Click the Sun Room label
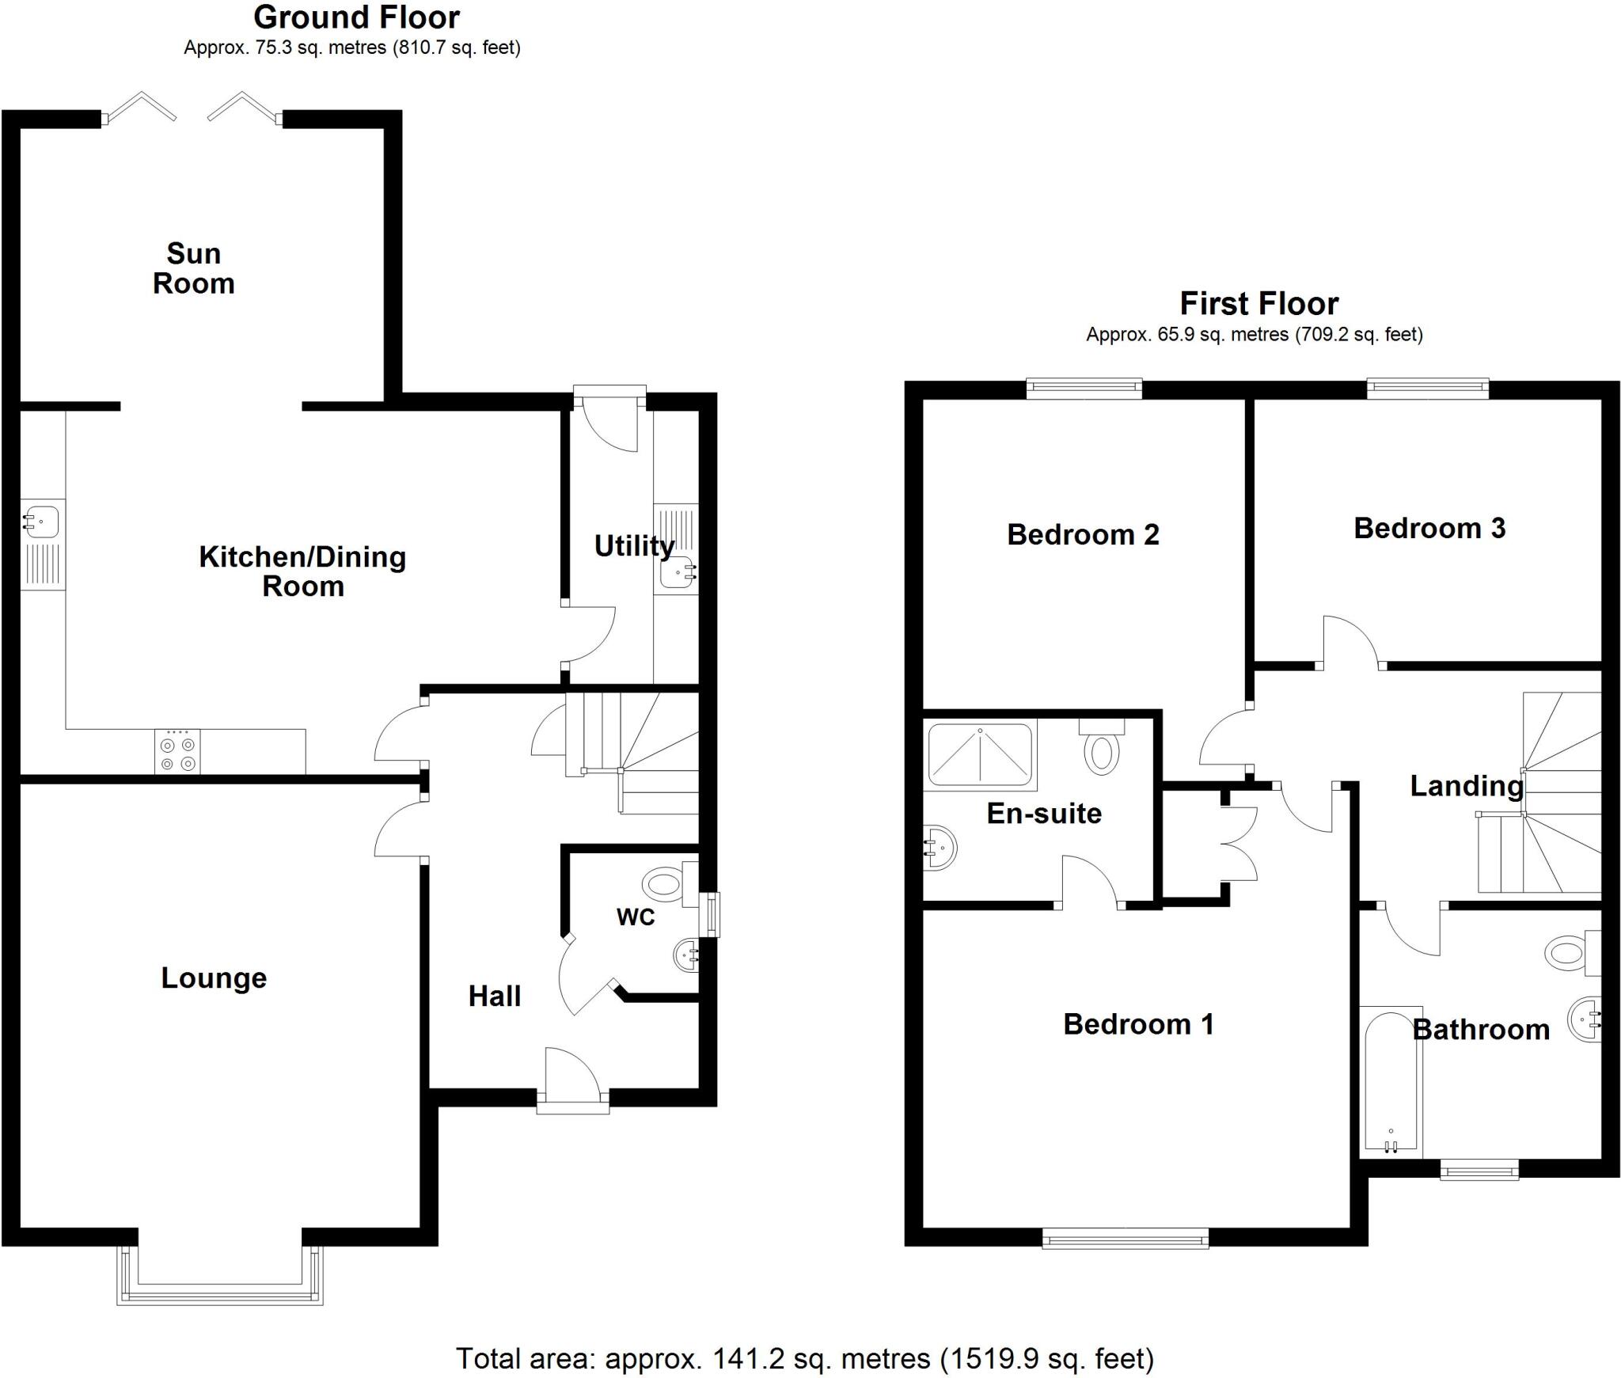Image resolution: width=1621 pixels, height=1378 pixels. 193,268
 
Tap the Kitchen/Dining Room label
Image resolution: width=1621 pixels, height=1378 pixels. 302,571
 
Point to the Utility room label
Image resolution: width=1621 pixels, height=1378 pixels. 633,545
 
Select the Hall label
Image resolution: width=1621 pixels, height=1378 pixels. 495,996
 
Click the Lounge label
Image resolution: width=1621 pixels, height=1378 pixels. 214,978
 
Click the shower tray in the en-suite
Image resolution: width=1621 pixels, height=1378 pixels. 980,754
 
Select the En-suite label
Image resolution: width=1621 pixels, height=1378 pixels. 1044,814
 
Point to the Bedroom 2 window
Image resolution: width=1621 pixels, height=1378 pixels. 1084,387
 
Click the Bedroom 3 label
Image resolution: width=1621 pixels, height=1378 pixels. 1429,528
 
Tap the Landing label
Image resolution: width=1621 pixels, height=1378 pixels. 1467,786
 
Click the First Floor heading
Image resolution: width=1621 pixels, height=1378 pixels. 1258,303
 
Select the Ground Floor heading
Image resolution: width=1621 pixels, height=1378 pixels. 356,17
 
